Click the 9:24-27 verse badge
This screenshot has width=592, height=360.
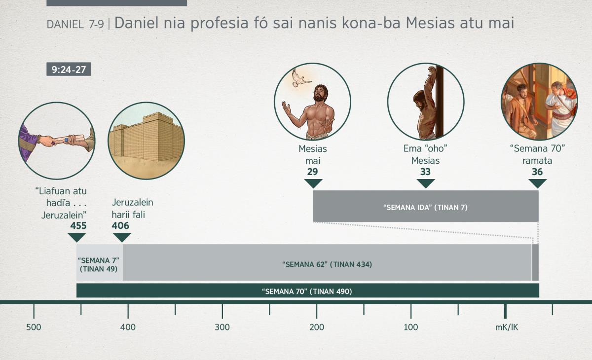(69, 69)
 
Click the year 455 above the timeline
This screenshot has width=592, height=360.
(78, 226)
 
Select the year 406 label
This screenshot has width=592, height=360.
(120, 226)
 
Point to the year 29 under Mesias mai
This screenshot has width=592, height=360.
(312, 172)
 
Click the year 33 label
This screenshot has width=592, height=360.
(425, 172)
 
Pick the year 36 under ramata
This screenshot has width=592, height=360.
(537, 172)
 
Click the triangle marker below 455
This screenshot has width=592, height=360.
(76, 237)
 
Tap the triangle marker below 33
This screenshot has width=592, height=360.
(425, 183)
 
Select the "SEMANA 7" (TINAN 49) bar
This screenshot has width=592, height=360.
(99, 262)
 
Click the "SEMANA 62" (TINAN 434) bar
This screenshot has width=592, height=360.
(327, 262)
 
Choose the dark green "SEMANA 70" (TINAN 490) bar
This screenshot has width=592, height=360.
(308, 290)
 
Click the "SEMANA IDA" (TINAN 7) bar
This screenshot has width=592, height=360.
(426, 206)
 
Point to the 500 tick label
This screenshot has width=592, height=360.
(34, 327)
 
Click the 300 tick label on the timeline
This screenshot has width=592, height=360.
(222, 327)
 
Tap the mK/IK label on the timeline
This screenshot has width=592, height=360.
(506, 327)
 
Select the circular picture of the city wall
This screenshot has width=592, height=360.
(146, 141)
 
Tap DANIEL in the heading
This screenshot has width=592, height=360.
(65, 24)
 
